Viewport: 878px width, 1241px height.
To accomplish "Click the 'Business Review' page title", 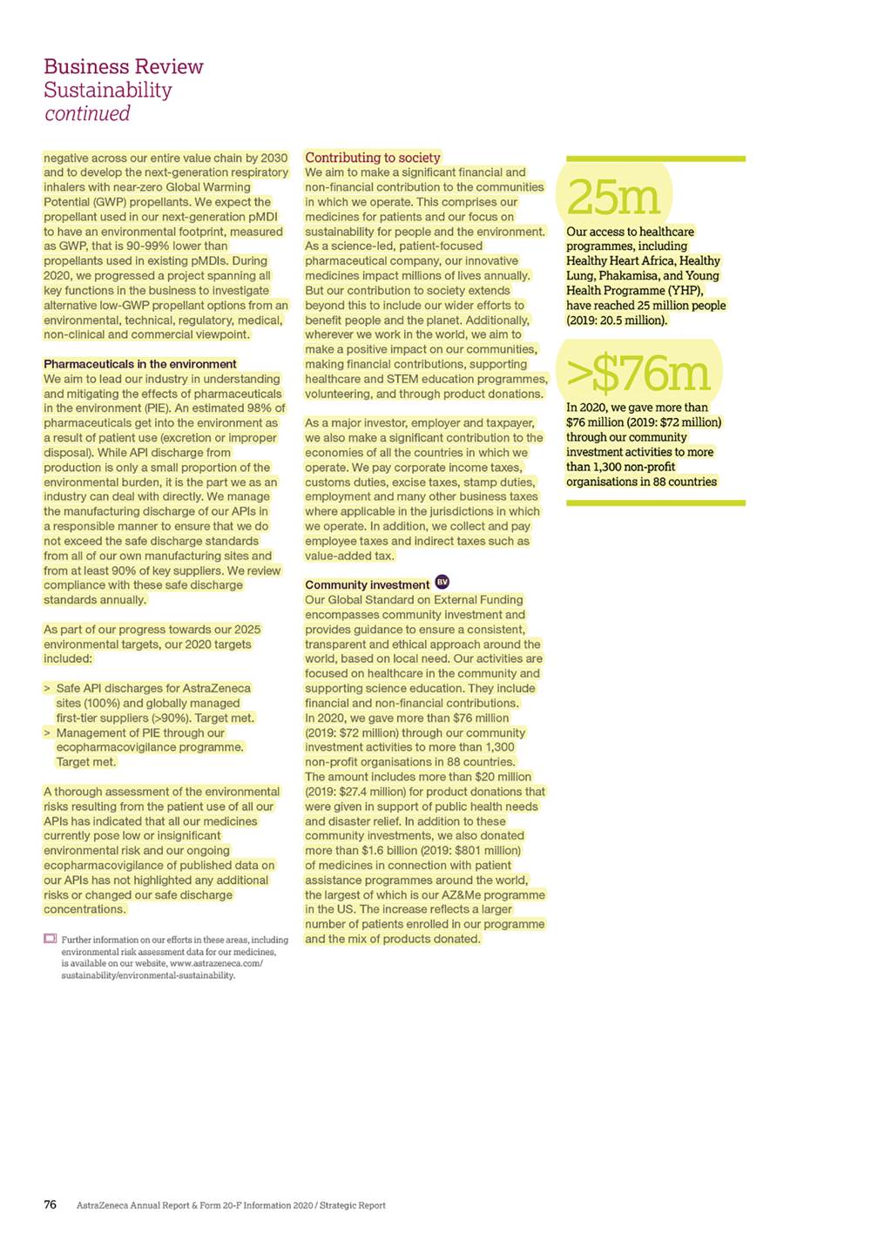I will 123,67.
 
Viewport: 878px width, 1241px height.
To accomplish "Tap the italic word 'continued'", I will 87,114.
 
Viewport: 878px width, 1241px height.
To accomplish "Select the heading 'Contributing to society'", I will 372,158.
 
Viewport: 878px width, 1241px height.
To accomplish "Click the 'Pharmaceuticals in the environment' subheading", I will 139,364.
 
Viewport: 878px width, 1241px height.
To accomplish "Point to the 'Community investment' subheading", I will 367,585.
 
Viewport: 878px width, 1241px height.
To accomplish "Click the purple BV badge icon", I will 442,583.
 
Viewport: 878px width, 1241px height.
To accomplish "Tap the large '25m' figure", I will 613,198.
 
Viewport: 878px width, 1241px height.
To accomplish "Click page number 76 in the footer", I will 51,1205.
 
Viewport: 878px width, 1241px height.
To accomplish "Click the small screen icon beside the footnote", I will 50,939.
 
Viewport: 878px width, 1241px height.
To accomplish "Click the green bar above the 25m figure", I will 655,158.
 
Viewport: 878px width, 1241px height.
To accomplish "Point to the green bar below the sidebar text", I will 655,502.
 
